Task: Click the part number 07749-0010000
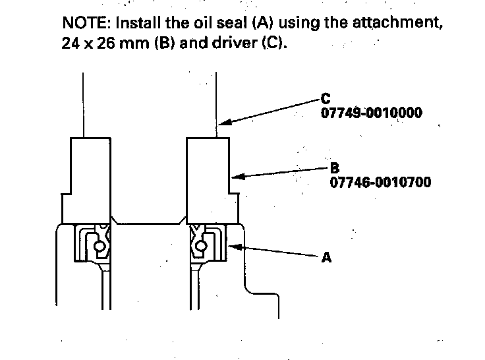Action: [x=372, y=113]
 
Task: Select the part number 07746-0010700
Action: [x=380, y=182]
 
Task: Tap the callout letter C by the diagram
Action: [x=326, y=99]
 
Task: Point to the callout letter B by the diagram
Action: [x=335, y=168]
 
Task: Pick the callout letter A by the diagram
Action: [x=326, y=257]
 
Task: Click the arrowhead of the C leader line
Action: [x=224, y=122]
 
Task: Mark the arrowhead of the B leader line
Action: [x=237, y=177]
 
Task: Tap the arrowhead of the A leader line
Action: [x=235, y=247]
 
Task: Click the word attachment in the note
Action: [x=398, y=23]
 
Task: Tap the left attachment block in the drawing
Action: [x=86, y=181]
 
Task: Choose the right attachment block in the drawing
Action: [x=212, y=181]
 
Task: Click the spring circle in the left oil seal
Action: [x=100, y=247]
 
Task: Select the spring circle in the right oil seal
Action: [x=202, y=247]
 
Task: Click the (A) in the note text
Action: [x=263, y=23]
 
